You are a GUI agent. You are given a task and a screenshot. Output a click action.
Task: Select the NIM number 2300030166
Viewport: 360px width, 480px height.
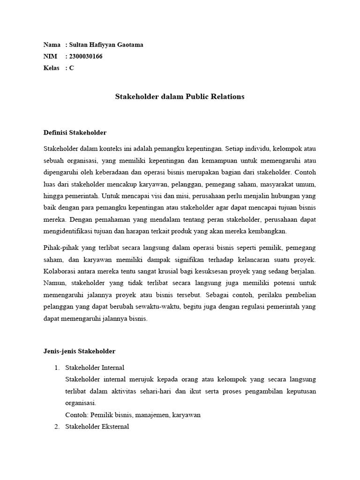pos(86,57)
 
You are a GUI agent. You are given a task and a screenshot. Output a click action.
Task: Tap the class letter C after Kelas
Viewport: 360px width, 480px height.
pos(71,68)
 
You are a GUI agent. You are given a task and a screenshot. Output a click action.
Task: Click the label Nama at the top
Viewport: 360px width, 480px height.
pos(52,45)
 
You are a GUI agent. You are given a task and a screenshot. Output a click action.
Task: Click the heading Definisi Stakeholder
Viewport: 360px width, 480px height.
pos(75,133)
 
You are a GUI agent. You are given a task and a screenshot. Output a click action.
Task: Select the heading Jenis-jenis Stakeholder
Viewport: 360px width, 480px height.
pos(79,351)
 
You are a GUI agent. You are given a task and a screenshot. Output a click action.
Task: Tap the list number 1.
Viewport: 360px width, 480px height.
pos(58,367)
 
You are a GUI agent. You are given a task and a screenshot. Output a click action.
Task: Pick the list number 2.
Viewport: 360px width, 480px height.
pos(58,427)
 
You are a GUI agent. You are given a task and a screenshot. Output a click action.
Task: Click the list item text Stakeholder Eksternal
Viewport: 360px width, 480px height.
pos(97,427)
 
